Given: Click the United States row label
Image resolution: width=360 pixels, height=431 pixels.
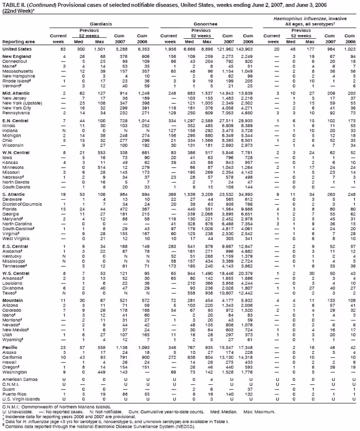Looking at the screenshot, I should [17, 50].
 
